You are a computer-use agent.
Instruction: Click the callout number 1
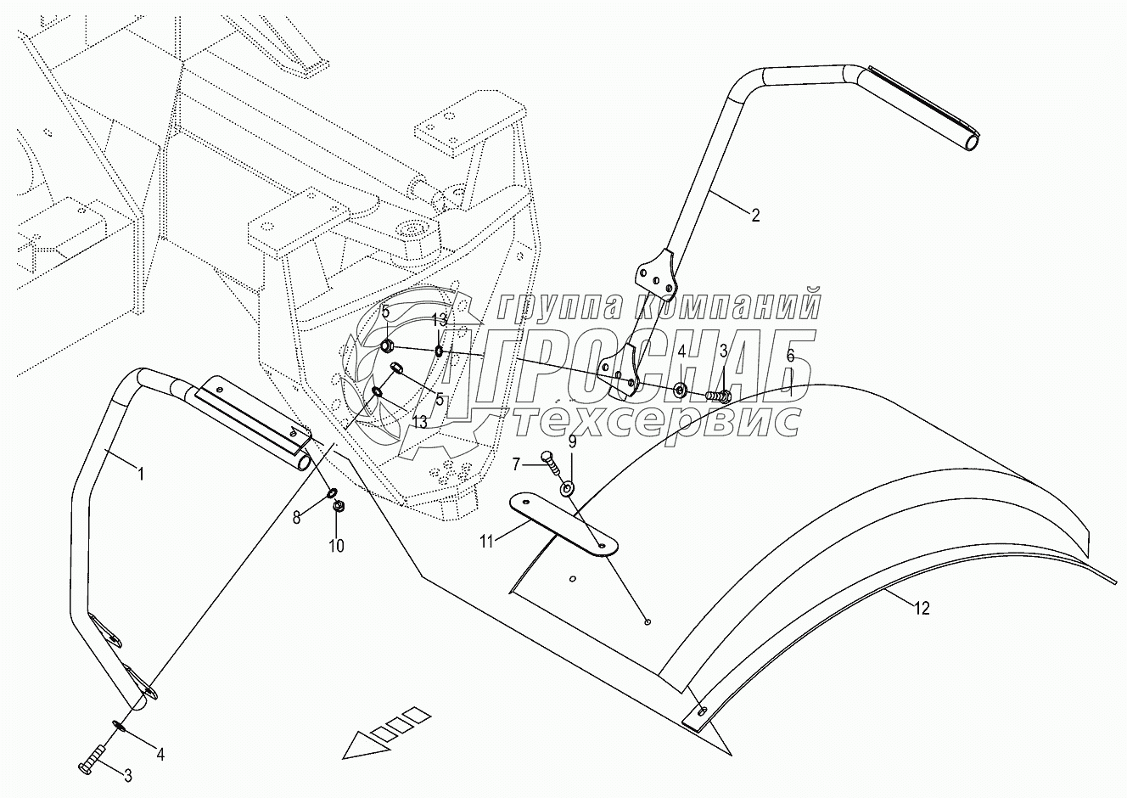point(142,474)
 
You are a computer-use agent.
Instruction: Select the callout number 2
point(755,216)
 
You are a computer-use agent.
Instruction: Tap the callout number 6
point(790,356)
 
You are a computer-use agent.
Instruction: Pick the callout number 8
point(297,517)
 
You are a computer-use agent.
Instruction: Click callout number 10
point(337,546)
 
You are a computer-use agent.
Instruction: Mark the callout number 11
point(486,542)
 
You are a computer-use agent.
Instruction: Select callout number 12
point(922,609)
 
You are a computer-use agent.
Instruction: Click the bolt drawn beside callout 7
point(551,463)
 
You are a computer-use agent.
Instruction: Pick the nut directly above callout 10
point(338,507)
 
